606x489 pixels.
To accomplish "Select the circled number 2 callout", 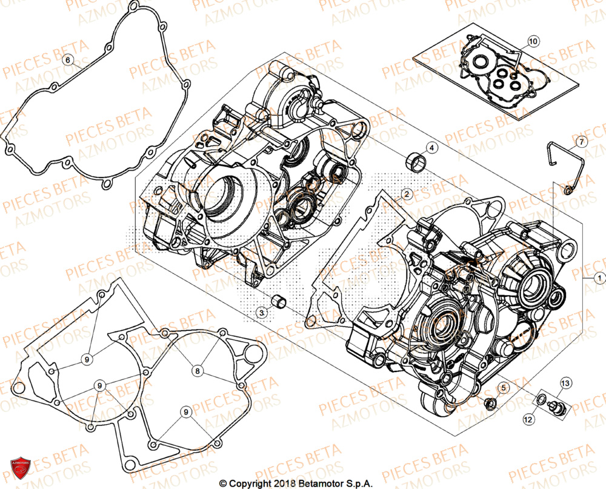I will tap(407, 193).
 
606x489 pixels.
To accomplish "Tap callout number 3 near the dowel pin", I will tap(261, 313).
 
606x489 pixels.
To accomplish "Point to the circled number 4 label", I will tap(431, 148).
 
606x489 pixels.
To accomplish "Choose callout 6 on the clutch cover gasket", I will tap(68, 59).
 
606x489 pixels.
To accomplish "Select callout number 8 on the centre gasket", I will tap(197, 370).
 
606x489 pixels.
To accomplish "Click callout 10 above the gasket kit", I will tap(532, 42).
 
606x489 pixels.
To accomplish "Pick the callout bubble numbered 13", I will tap(565, 383).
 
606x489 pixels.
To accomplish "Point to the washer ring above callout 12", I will tap(540, 400).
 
